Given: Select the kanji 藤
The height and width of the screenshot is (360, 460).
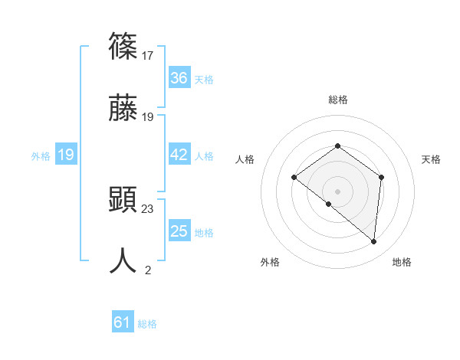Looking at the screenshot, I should click(x=123, y=109).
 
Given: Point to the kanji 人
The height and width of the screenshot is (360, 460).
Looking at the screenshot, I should click(x=123, y=261).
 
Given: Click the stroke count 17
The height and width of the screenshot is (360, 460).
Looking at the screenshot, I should click(x=148, y=55).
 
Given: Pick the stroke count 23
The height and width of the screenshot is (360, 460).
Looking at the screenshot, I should click(x=148, y=208).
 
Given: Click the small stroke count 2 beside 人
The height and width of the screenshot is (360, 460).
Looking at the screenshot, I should click(x=148, y=270).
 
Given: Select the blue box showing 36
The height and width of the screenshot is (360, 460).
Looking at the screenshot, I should click(x=179, y=78).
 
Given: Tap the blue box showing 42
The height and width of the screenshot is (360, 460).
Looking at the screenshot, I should click(x=179, y=155).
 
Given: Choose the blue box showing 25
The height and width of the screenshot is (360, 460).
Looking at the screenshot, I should click(x=179, y=231).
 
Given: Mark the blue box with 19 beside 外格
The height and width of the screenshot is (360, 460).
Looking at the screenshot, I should click(x=65, y=155).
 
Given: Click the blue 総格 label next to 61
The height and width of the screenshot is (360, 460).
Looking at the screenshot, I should click(x=147, y=324).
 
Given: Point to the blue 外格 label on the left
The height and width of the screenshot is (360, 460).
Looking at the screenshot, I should click(x=41, y=156).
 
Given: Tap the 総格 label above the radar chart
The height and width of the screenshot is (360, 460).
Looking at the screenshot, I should click(x=337, y=100).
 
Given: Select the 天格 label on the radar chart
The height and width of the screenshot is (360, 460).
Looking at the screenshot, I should click(x=431, y=159).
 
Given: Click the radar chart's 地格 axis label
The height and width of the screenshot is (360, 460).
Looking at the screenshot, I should click(x=402, y=263).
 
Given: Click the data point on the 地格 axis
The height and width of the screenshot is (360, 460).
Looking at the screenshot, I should click(x=374, y=242).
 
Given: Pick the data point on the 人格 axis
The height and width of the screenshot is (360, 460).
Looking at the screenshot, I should click(x=294, y=178).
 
